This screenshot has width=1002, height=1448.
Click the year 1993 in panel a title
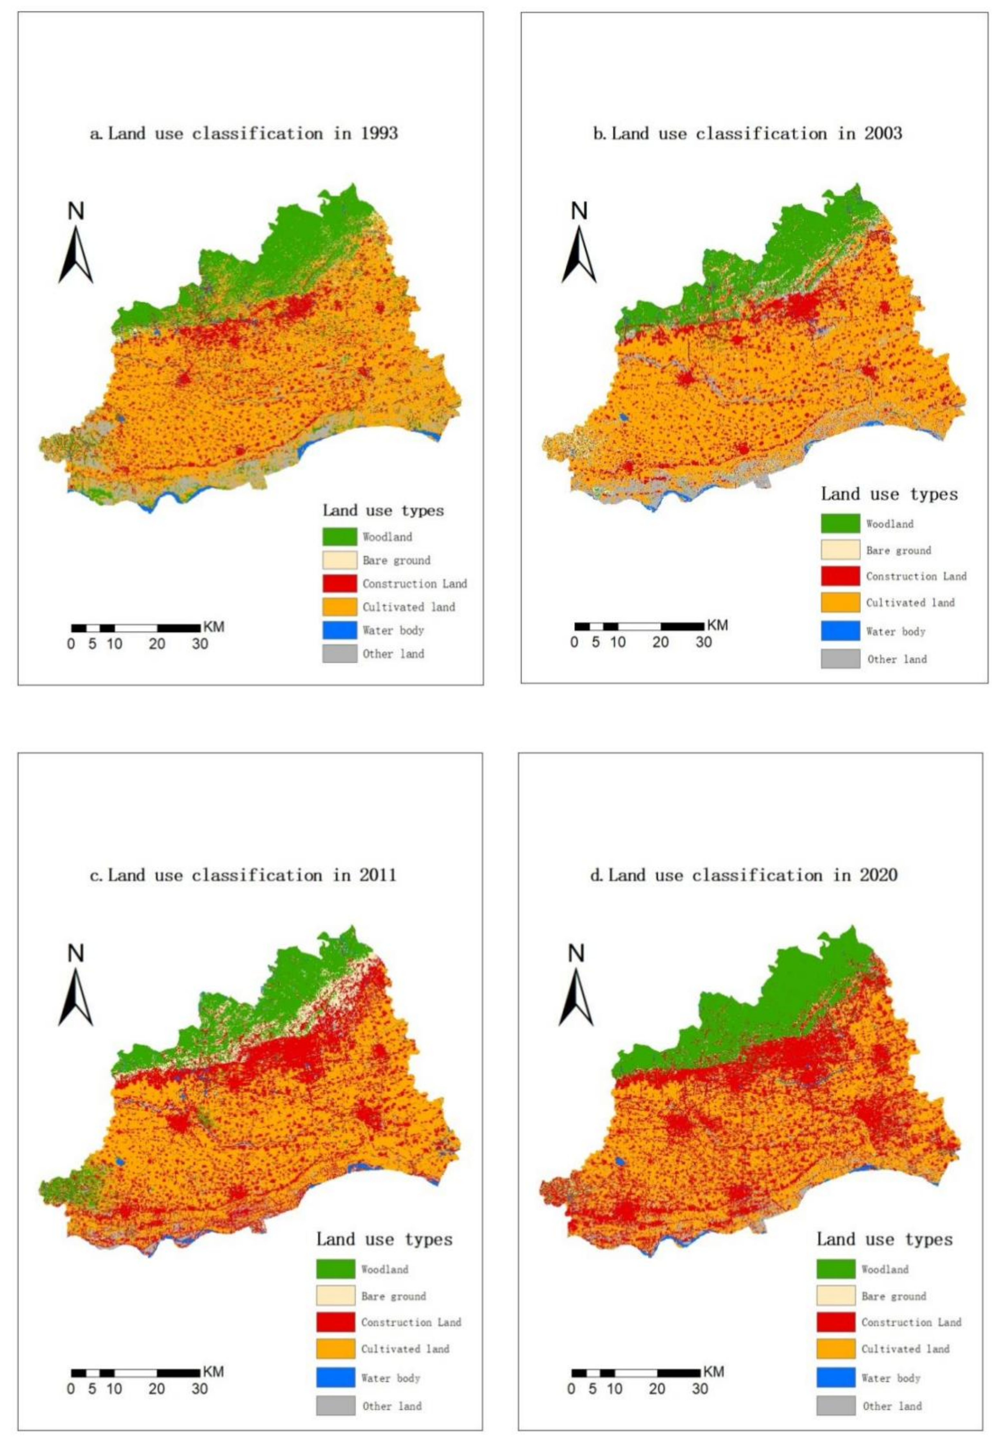click(379, 134)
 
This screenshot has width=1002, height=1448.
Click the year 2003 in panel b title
click(883, 134)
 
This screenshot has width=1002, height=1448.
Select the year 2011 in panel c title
click(378, 875)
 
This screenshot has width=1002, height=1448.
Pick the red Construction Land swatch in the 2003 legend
click(840, 575)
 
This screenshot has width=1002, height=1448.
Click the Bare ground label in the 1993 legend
click(396, 560)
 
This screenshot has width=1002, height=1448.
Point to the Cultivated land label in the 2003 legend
click(910, 603)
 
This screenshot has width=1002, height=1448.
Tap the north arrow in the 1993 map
click(76, 254)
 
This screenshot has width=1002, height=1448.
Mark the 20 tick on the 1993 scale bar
click(157, 644)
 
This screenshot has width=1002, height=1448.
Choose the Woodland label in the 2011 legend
click(384, 1269)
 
